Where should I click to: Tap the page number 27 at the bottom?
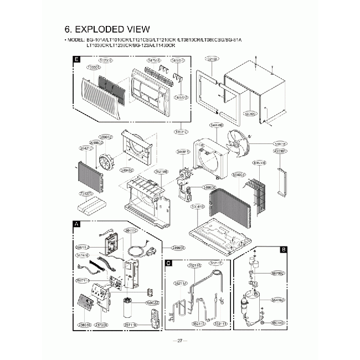click(x=180, y=340)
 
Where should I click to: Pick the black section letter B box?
click(x=283, y=250)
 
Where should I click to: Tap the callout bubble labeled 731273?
click(x=85, y=194)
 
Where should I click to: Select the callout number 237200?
click(x=101, y=326)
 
